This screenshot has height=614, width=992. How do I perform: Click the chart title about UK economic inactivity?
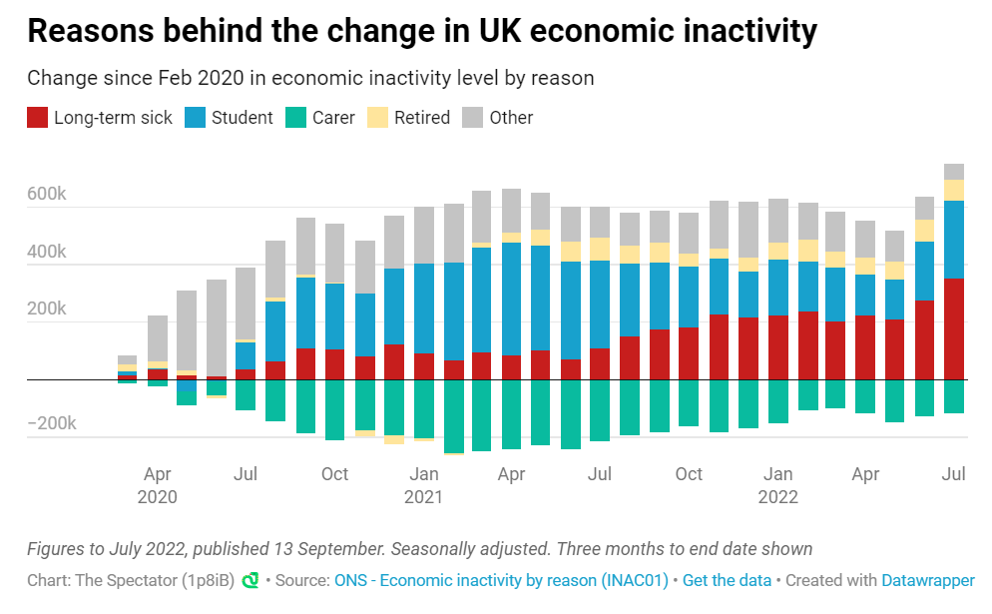421,31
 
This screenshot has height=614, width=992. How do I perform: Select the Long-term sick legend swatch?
38,118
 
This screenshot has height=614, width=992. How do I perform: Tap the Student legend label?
242,118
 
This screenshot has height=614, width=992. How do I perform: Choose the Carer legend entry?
333,118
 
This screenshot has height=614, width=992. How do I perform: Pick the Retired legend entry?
422,118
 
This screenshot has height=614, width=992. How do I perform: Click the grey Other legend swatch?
473,118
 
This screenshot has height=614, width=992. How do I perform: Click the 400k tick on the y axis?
47,253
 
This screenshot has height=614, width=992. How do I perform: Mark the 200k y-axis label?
47,309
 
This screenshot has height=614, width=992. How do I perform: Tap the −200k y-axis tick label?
45,423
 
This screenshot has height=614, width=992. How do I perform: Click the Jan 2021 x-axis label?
424,484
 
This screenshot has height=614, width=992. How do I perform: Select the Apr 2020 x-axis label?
158,484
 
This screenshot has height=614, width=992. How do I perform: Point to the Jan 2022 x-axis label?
778,484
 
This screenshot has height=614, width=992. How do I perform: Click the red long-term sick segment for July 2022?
954,329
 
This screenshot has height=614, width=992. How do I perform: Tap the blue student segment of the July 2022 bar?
954,240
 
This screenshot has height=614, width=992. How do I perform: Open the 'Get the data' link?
728,580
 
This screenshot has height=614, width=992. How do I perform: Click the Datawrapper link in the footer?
928,580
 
